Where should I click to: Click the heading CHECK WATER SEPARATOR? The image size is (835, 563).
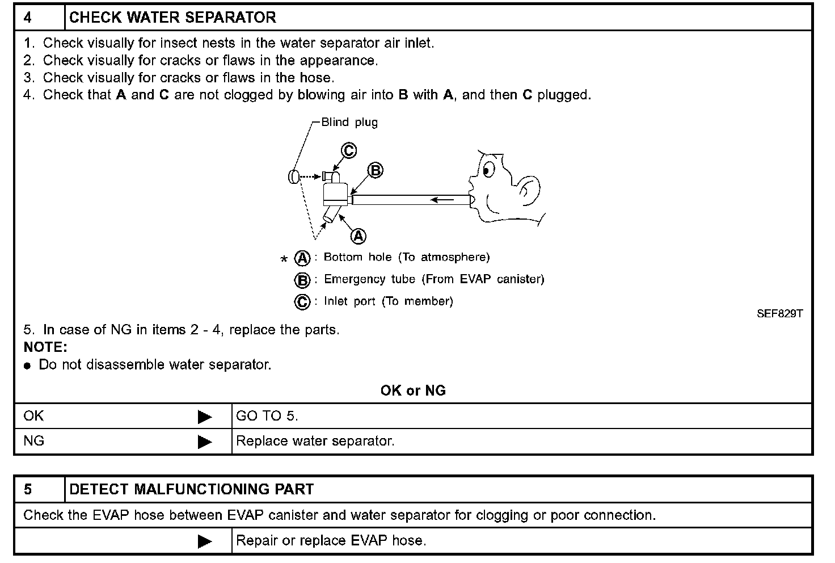172,18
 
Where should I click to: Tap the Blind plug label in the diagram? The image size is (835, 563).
349,122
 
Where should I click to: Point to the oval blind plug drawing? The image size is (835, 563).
294,177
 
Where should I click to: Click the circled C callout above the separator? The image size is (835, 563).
348,151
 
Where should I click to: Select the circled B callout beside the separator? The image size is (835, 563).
376,170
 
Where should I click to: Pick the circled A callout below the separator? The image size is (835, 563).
359,236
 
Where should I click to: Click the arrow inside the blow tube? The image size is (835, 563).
442,200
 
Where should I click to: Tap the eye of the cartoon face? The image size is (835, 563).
487,169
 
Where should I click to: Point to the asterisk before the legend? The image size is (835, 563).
284,260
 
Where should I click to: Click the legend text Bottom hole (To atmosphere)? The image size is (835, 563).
406,258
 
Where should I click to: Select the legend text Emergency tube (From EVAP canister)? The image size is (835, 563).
434,279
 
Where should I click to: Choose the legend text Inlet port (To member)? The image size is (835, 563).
388,301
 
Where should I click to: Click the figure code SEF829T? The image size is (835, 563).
779,313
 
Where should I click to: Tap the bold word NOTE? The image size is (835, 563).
45,347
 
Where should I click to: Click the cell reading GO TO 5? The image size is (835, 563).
267,416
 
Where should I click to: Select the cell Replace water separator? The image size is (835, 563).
315,441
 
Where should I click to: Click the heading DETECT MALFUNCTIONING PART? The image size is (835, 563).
191,489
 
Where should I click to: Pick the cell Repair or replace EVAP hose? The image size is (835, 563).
331,540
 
